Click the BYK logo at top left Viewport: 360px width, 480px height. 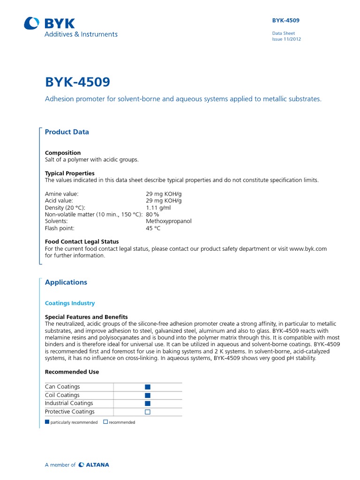point(50,23)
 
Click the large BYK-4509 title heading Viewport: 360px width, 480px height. point(77,82)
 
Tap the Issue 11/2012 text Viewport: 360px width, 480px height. point(286,39)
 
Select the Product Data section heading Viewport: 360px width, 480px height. point(67,132)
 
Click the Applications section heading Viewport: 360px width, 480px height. point(66,282)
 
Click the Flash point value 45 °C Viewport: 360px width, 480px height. point(153,228)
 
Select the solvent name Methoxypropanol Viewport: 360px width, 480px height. point(169,221)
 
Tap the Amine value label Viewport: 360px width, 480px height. point(62,193)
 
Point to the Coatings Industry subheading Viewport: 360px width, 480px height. point(70,303)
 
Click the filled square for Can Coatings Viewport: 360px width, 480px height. point(148,387)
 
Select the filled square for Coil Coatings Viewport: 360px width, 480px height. point(148,395)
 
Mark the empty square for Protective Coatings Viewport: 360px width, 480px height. point(148,412)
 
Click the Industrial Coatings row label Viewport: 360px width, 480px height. point(69,403)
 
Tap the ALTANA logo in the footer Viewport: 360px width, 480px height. point(94,465)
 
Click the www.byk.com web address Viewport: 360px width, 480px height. point(308,249)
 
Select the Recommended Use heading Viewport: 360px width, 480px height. point(72,372)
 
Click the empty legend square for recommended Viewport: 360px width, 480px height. point(105,422)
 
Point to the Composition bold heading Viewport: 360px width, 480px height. point(63,153)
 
